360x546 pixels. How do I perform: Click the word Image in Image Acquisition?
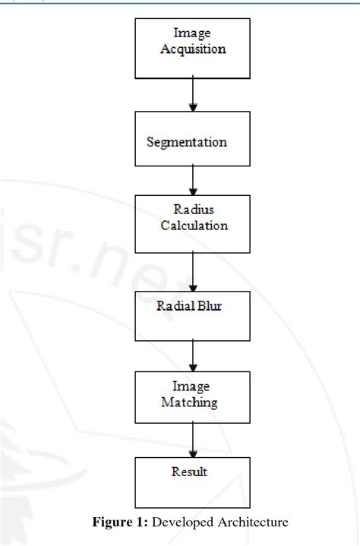(x=193, y=33)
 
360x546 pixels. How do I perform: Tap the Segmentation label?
(x=187, y=142)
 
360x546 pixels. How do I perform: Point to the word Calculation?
(x=194, y=226)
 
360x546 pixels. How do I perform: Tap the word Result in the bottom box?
(x=190, y=472)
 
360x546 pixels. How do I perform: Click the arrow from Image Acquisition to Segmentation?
(x=194, y=95)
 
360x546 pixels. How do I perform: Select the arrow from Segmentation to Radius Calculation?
(x=194, y=180)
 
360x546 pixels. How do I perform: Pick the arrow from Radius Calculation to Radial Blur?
(x=194, y=271)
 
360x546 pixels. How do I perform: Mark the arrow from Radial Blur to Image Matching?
(x=194, y=353)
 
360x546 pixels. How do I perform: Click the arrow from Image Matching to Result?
(x=194, y=440)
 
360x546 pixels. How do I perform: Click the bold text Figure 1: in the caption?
(x=115, y=522)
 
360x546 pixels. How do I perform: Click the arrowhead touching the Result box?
(x=194, y=452)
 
